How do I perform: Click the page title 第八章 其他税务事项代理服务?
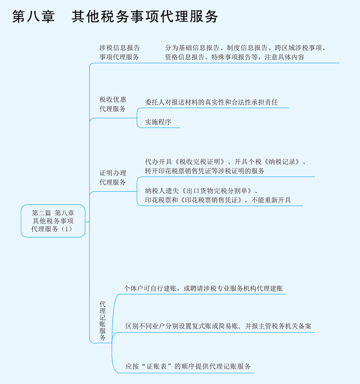(115, 16)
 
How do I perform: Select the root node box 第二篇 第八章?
(53, 221)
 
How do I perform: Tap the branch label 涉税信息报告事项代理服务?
(120, 52)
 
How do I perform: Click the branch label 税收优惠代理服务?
(113, 104)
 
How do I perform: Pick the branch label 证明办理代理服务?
(113, 178)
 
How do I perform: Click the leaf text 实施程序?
(158, 122)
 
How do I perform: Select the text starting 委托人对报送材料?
(211, 103)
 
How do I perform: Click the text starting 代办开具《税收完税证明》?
(225, 166)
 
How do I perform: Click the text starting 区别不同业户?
(218, 327)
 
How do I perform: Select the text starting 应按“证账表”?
(188, 367)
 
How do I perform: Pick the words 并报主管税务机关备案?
(278, 327)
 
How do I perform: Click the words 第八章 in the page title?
(33, 16)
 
